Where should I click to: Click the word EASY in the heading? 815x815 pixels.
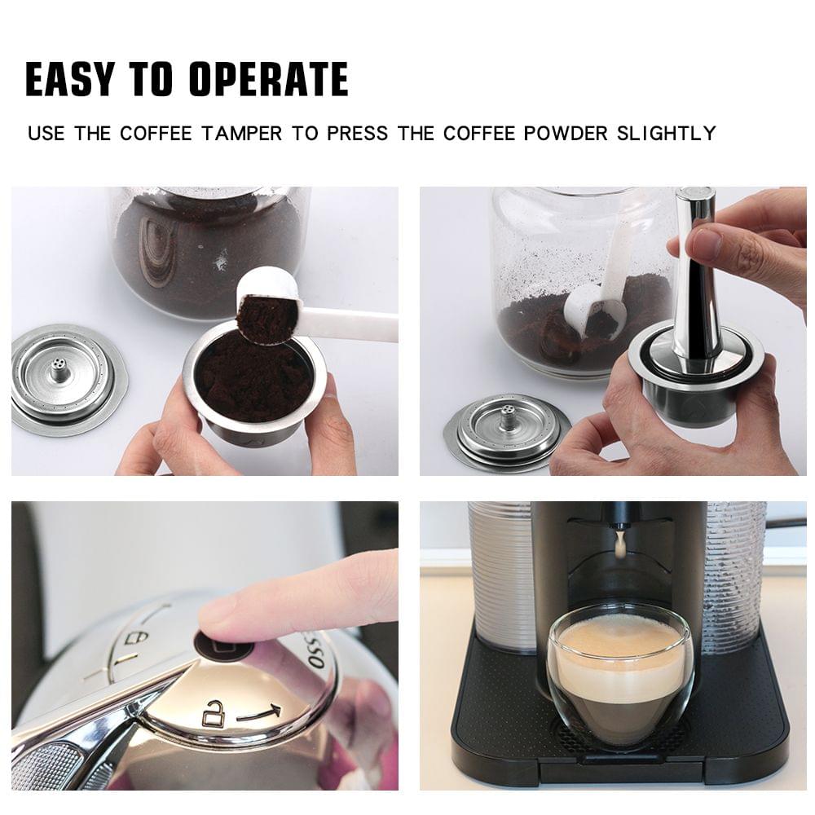pyautogui.click(x=68, y=79)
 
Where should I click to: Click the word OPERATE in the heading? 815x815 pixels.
pyautogui.click(x=268, y=79)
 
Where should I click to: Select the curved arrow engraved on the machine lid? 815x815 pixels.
pyautogui.click(x=259, y=714)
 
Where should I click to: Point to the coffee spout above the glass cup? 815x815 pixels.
pyautogui.click(x=620, y=542)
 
